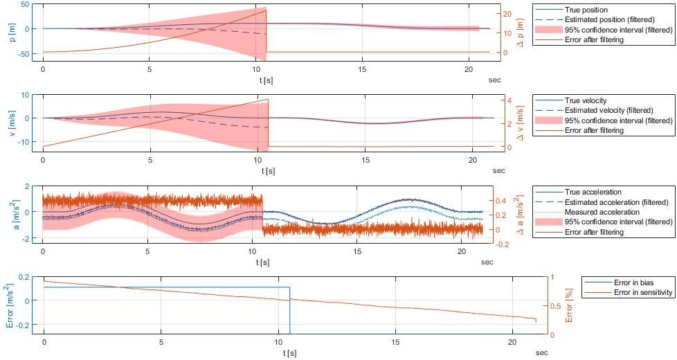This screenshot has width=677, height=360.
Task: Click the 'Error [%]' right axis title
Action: click(568, 305)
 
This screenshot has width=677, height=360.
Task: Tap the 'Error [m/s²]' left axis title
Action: click(8, 305)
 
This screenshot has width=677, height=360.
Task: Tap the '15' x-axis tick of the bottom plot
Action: click(395, 343)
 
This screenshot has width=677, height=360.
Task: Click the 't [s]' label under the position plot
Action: click(266, 80)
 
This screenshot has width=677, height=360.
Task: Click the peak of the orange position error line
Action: click(266, 10)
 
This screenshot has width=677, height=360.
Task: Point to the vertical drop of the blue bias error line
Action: click(289, 312)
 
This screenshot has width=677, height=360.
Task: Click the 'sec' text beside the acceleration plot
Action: click(487, 262)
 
